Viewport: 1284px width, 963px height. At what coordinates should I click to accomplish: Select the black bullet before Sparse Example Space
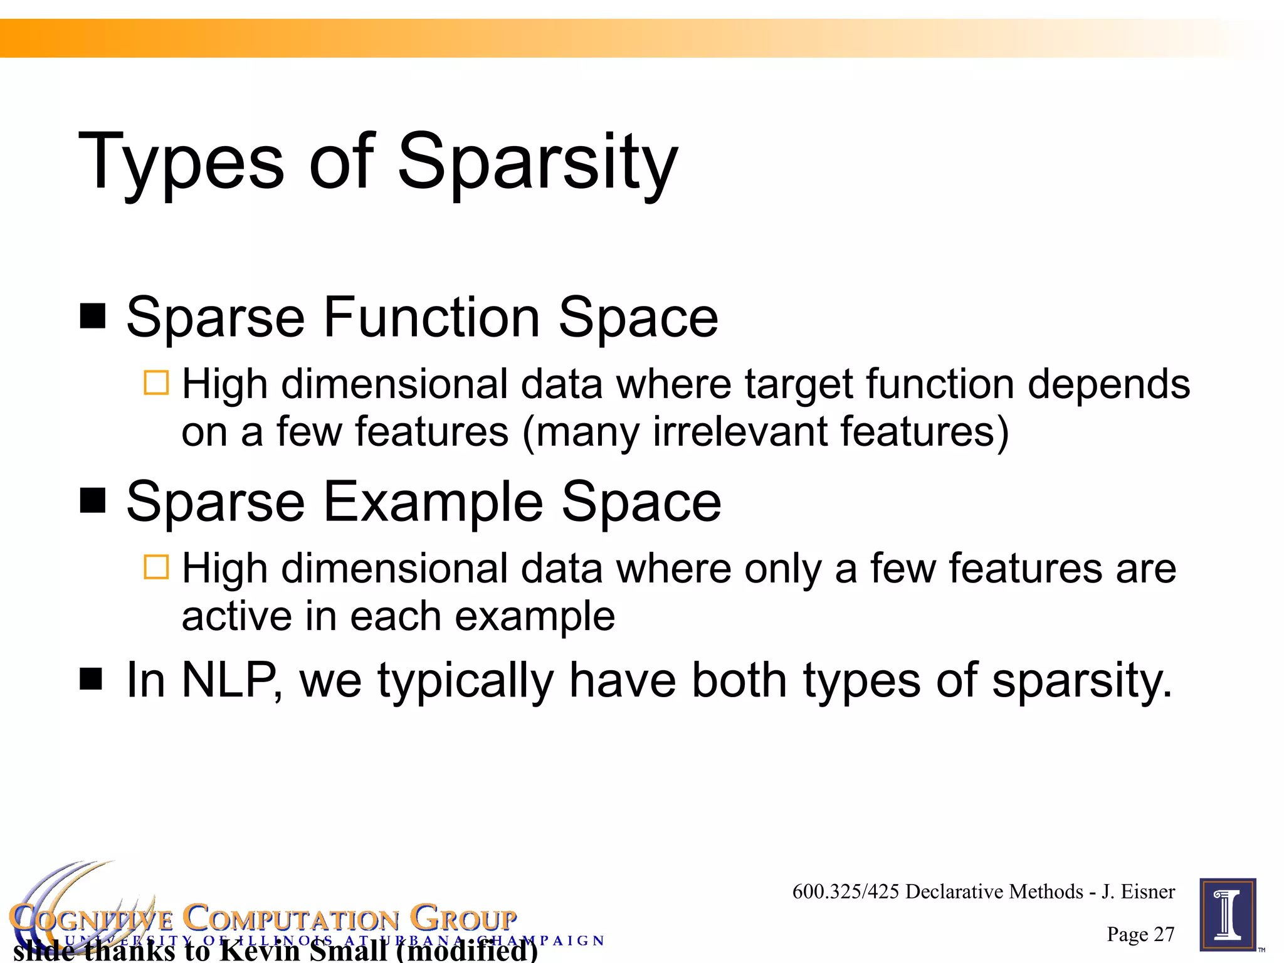93,500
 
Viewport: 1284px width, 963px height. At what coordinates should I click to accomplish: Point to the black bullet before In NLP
92,678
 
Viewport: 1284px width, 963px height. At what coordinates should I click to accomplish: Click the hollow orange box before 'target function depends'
156,382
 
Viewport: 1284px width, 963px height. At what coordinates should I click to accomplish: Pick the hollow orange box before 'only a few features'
156,567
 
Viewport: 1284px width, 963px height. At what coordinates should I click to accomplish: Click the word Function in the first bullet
431,317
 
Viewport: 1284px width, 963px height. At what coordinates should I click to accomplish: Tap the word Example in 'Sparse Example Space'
433,502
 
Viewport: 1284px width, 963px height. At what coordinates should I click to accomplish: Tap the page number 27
1164,934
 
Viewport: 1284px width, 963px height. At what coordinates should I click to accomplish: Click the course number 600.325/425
846,892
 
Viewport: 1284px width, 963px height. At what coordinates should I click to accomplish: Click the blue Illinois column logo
1228,915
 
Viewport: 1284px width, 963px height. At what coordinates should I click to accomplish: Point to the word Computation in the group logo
291,919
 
